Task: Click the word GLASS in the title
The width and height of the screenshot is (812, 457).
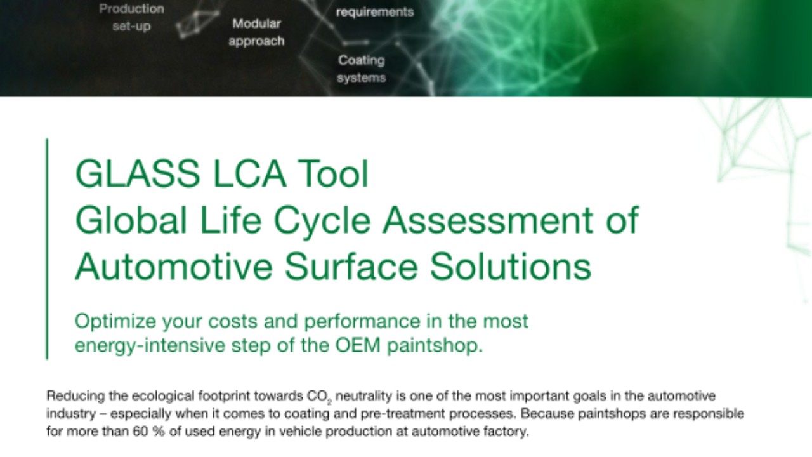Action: [x=138, y=174]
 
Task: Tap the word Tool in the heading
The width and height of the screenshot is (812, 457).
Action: [x=333, y=174]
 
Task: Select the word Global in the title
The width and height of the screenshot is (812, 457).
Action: [x=131, y=220]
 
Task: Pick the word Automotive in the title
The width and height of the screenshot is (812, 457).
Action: [x=174, y=266]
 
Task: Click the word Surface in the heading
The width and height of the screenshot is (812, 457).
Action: [x=351, y=266]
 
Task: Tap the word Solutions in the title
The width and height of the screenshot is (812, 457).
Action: [x=511, y=266]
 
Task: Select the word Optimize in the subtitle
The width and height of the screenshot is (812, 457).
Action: [x=115, y=322]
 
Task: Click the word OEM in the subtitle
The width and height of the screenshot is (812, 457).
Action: [x=358, y=345]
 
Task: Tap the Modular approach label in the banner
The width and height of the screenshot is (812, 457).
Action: [x=256, y=32]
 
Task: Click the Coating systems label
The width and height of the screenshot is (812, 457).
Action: [x=362, y=69]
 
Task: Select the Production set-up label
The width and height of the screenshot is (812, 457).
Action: [x=131, y=17]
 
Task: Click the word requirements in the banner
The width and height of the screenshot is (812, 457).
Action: [x=375, y=12]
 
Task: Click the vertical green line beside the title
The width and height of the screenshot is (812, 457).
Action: [x=47, y=249]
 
